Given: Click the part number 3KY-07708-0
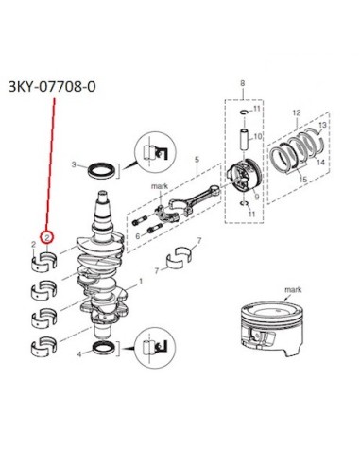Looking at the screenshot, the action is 52,87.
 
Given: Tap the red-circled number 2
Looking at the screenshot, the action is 47,237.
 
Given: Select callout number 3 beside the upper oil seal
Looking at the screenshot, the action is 74,164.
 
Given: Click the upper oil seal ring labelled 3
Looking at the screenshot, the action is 101,170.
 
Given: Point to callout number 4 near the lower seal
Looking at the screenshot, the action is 79,354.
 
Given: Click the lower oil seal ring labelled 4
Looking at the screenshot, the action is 103,348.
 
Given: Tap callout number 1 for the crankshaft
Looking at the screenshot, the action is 141,281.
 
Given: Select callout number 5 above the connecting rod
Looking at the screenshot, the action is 197,160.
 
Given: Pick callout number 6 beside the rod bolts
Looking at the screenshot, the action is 138,236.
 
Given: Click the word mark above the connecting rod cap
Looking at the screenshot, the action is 160,186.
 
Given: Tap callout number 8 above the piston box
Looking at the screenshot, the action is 242,83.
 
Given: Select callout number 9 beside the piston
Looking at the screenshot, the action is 257,197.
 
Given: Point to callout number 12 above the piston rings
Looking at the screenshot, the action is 297,112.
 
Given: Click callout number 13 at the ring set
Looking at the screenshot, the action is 322,125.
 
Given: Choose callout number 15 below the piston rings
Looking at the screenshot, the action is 302,180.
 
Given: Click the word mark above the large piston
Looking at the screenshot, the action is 293,289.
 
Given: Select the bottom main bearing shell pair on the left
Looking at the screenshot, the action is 44,345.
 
